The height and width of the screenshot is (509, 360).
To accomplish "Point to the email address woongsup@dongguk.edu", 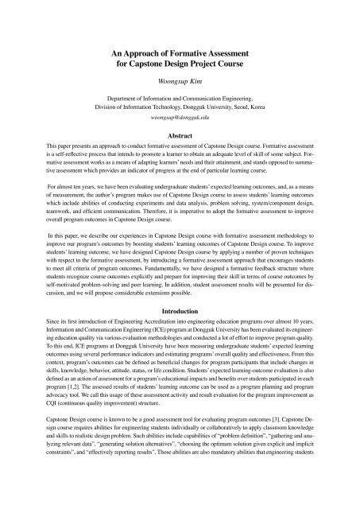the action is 180,117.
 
